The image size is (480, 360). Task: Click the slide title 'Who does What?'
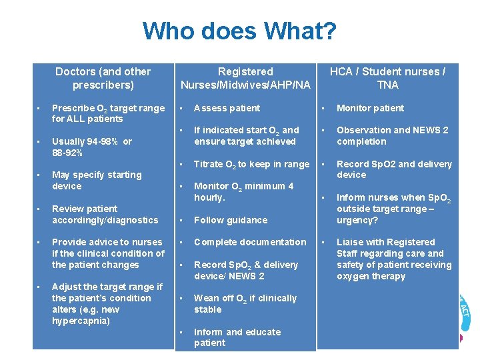pyautogui.click(x=239, y=31)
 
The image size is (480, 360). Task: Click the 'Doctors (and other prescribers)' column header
pyautogui.click(x=103, y=78)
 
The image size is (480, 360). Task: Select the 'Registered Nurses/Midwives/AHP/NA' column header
pyautogui.click(x=245, y=78)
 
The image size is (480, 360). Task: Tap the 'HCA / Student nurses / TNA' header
pyautogui.click(x=387, y=78)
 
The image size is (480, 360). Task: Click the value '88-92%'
pyautogui.click(x=67, y=153)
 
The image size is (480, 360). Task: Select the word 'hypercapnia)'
pyautogui.click(x=81, y=321)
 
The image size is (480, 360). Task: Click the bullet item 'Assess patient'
pyautogui.click(x=227, y=108)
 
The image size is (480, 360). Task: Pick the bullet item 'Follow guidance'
pyautogui.click(x=230, y=220)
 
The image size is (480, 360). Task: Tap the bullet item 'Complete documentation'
pyautogui.click(x=250, y=242)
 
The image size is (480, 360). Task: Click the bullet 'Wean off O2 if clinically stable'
pyautogui.click(x=245, y=303)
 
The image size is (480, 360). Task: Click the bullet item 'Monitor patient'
pyautogui.click(x=370, y=108)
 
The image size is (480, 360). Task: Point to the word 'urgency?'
pyautogui.click(x=357, y=220)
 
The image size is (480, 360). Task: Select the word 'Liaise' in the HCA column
pyautogui.click(x=351, y=242)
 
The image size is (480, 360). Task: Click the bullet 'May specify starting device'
pyautogui.click(x=97, y=180)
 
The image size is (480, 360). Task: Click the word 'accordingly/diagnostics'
pyautogui.click(x=105, y=220)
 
